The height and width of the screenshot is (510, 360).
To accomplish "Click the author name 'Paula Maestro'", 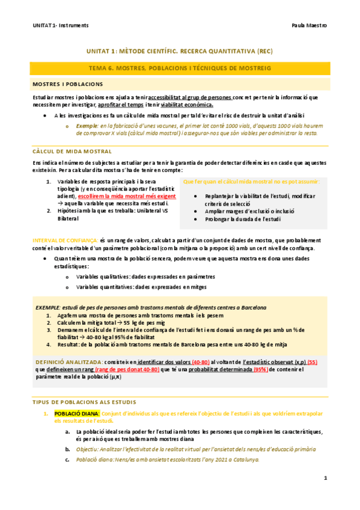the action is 309,26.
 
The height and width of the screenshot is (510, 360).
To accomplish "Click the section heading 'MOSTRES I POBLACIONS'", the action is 68,84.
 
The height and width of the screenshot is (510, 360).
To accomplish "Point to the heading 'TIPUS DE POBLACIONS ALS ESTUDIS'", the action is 84,385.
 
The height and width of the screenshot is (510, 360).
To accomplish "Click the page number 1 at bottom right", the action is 325,478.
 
